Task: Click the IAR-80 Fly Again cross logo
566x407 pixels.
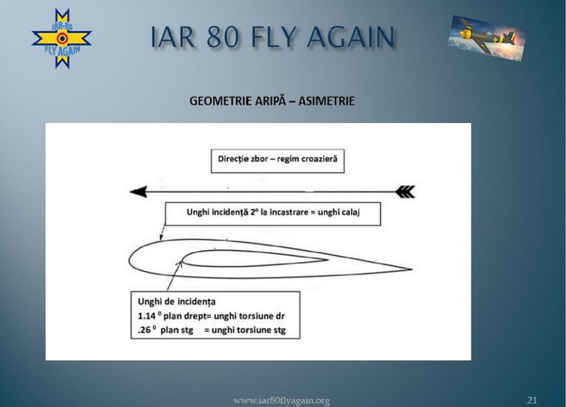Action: pyautogui.click(x=62, y=39)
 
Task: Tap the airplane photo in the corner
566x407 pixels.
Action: pyautogui.click(x=487, y=38)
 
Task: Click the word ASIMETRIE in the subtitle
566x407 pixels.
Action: pyautogui.click(x=326, y=100)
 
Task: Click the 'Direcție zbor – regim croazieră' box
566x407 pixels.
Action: pyautogui.click(x=277, y=161)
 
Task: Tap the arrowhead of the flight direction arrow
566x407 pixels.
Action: pyautogui.click(x=138, y=191)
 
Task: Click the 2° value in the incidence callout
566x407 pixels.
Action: pyautogui.click(x=254, y=212)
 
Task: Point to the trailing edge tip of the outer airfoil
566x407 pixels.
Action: pyautogui.click(x=412, y=269)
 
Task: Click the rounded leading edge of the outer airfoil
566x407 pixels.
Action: pyautogui.click(x=129, y=259)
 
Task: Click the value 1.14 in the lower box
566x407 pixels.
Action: pyautogui.click(x=147, y=316)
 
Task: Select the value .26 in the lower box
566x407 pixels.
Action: pyautogui.click(x=144, y=330)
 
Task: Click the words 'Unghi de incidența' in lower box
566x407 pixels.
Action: pyautogui.click(x=176, y=301)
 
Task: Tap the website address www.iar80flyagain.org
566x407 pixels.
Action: pyautogui.click(x=281, y=400)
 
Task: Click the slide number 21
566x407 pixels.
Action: pyautogui.click(x=532, y=400)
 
